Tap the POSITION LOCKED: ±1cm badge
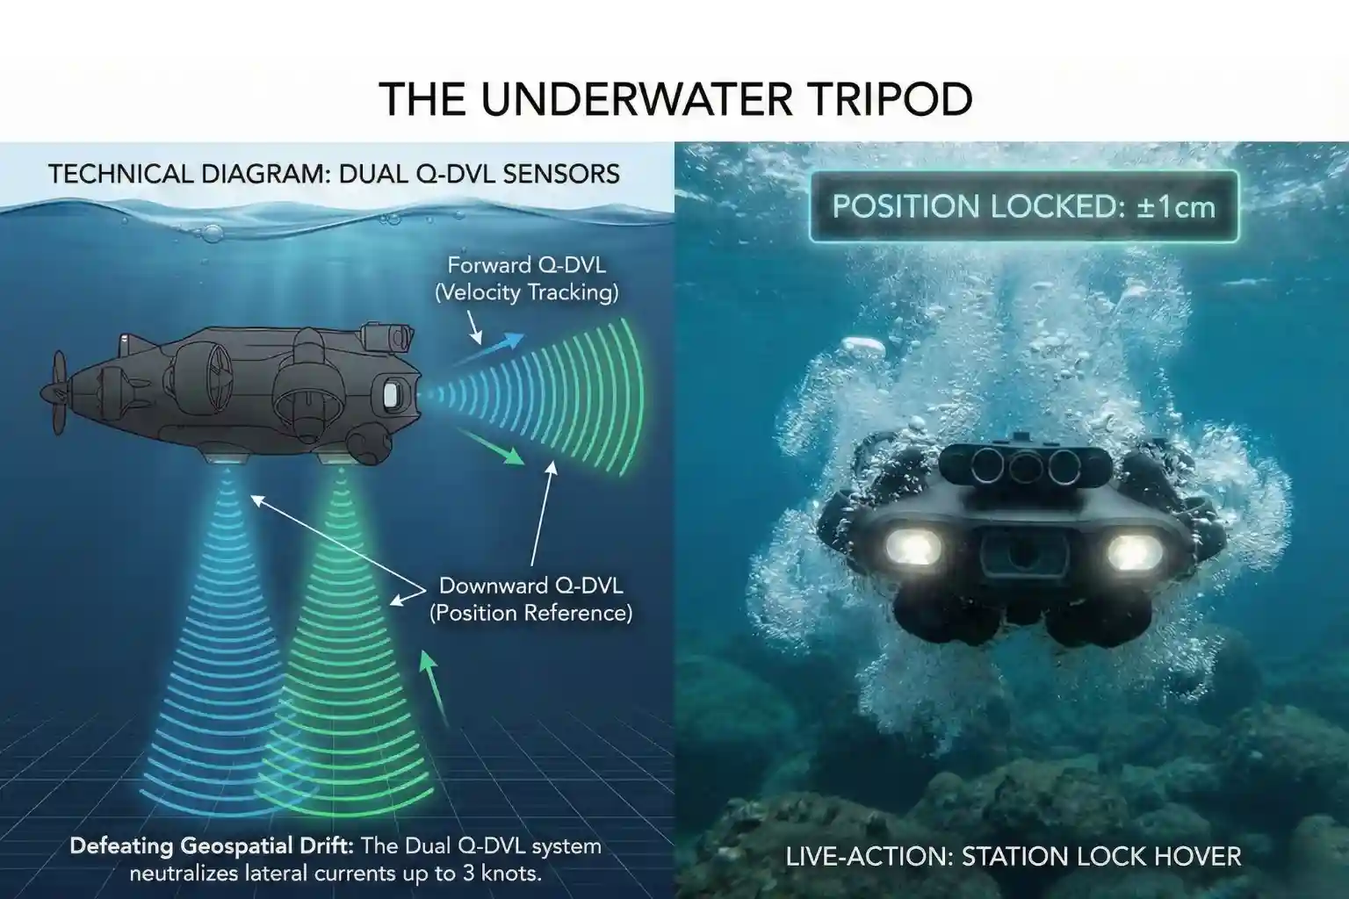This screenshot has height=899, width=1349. tap(1023, 206)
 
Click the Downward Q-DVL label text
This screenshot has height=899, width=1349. tap(530, 585)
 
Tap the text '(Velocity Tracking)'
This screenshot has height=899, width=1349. tap(526, 292)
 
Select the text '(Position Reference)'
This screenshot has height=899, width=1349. tap(530, 613)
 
